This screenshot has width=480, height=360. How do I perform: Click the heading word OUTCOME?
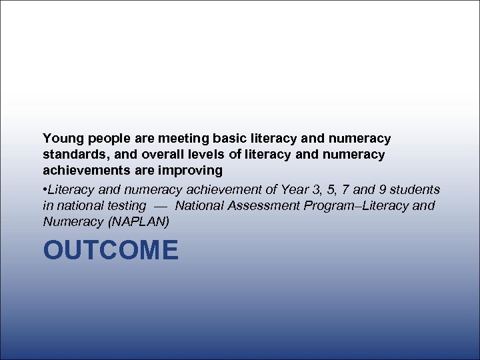coord(111,251)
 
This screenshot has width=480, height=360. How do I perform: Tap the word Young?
coord(62,139)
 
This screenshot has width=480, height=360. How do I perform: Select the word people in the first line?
coord(107,139)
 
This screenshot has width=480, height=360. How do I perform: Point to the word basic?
coord(229,139)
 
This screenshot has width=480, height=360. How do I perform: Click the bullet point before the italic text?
coord(45,190)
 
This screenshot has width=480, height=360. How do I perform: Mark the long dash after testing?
coord(160,206)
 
